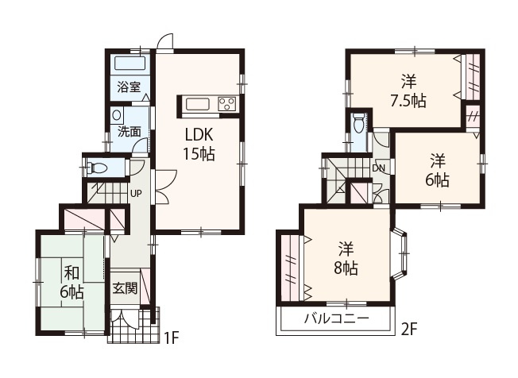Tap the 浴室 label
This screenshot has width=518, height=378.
[x=129, y=87]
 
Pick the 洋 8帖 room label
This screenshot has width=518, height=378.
[x=344, y=257]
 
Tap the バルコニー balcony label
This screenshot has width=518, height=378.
[x=334, y=320]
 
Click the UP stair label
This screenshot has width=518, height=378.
[x=136, y=193]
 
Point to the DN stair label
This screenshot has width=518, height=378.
[x=378, y=168]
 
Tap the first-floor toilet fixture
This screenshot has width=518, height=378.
[x=98, y=168]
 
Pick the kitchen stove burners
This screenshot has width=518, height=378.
[x=226, y=103]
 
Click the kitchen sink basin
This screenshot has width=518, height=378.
[x=196, y=103]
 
